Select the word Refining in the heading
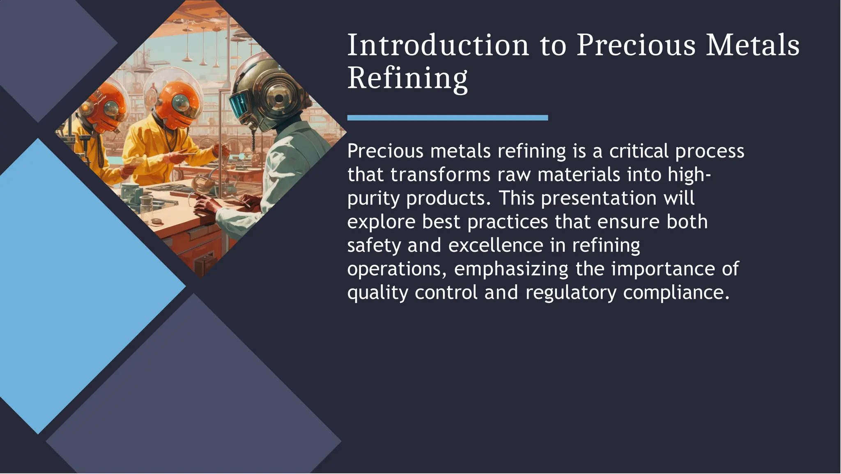click(407, 78)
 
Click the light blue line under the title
click(447, 118)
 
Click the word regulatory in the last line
click(571, 293)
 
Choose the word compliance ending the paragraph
click(676, 293)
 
